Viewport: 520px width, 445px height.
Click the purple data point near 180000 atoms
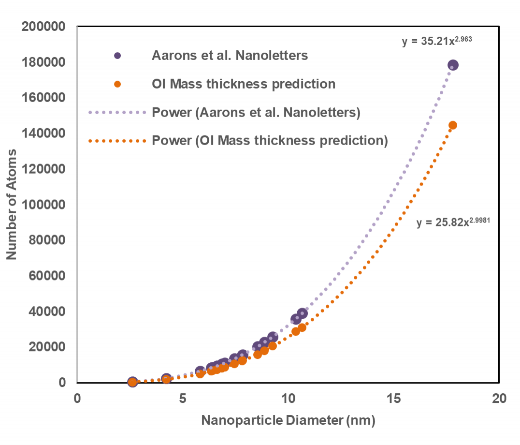pyautogui.click(x=453, y=65)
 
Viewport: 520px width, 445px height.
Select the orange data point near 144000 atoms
pyautogui.click(x=453, y=125)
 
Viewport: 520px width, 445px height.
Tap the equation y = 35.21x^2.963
pyautogui.click(x=436, y=42)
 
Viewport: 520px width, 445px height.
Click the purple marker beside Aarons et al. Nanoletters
pyautogui.click(x=117, y=56)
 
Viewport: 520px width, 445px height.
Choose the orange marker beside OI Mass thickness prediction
pyautogui.click(x=117, y=84)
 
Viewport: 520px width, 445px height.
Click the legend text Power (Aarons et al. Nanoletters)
pyautogui.click(x=256, y=113)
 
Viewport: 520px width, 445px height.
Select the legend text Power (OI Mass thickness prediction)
pyautogui.click(x=270, y=141)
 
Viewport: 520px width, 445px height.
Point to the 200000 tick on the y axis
pyautogui.click(x=44, y=27)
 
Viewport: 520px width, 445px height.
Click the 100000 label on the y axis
pyautogui.click(x=44, y=205)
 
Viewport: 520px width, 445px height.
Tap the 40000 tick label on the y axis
pyautogui.click(x=47, y=311)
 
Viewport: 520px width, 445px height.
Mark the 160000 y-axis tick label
pyautogui.click(x=44, y=98)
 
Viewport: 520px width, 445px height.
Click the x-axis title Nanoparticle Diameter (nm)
pyautogui.click(x=288, y=420)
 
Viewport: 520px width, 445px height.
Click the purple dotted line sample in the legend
pyautogui.click(x=117, y=113)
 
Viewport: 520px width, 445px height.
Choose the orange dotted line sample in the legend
pyautogui.click(x=117, y=141)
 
